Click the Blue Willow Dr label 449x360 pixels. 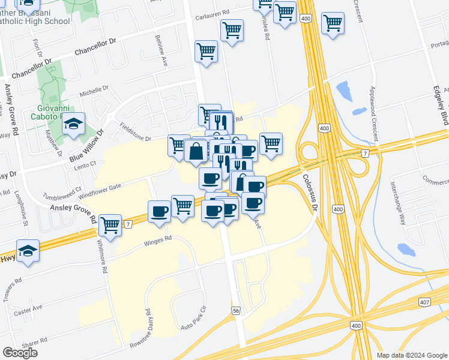point(86,145)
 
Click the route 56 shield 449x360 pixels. point(236,310)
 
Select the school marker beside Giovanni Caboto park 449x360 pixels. point(73,124)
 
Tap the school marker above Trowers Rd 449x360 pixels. point(28,251)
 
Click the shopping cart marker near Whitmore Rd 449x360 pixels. point(110,226)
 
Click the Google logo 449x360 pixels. point(20,353)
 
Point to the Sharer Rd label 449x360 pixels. point(34,346)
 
